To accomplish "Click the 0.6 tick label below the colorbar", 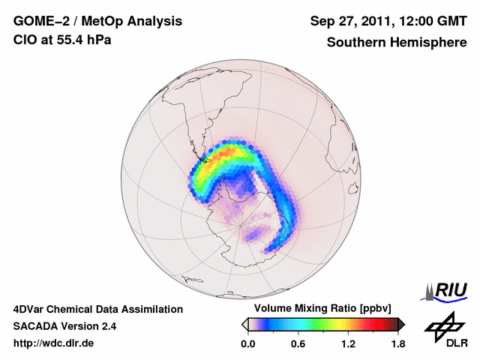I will [x=298, y=344].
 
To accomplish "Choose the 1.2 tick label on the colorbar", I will [x=348, y=344].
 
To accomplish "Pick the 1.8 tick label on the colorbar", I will [x=397, y=344].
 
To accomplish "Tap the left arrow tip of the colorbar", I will [x=244, y=324].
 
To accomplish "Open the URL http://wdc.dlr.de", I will [x=54, y=344].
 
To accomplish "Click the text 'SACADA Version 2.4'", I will [x=64, y=326].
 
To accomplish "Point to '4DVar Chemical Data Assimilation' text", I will [x=97, y=308].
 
